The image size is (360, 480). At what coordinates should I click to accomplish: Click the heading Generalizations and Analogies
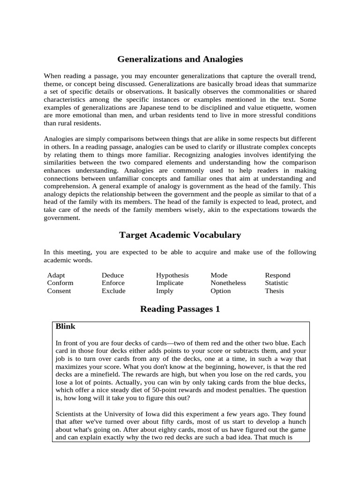point(180,60)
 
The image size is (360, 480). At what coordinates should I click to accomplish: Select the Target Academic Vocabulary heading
point(180,235)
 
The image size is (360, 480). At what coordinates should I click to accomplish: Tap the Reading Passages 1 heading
point(180,309)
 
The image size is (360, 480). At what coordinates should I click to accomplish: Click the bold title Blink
point(65,326)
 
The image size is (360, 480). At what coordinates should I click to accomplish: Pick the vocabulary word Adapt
point(56,275)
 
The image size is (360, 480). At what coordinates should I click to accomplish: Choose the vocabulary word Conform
point(60,283)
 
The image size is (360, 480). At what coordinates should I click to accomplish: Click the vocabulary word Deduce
point(112,275)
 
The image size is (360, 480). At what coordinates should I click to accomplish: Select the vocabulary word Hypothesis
point(172,275)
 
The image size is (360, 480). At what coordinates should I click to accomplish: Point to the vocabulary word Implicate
point(170,283)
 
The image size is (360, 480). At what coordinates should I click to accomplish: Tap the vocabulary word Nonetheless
point(228,283)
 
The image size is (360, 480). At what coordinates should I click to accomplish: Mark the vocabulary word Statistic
point(277,283)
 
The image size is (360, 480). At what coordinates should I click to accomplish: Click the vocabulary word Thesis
point(274,291)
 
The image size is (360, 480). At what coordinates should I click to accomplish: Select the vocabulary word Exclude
point(113,291)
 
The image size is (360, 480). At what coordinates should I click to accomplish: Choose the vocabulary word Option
point(221,291)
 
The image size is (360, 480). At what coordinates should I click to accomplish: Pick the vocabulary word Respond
point(277,275)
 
